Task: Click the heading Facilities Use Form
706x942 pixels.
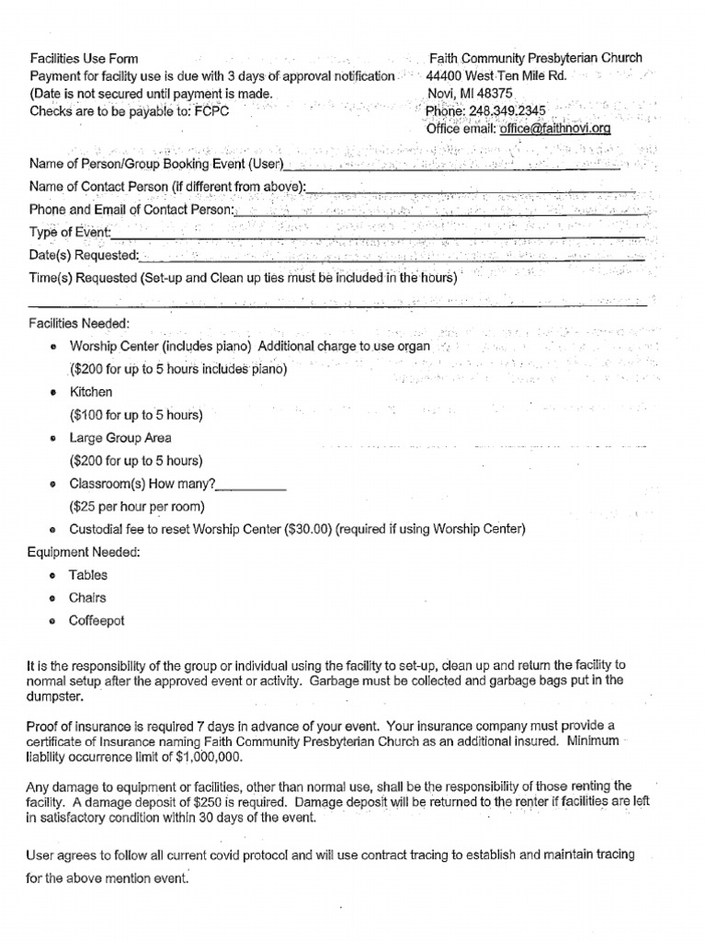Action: point(84,59)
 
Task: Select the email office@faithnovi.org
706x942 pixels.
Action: point(554,129)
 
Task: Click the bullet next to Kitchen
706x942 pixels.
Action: point(53,393)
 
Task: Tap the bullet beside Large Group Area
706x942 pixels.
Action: point(53,439)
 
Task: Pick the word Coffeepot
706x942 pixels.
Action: point(97,621)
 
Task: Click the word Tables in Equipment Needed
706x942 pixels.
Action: point(88,575)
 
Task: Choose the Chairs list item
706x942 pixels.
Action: point(87,598)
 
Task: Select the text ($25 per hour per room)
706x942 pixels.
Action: point(137,506)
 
